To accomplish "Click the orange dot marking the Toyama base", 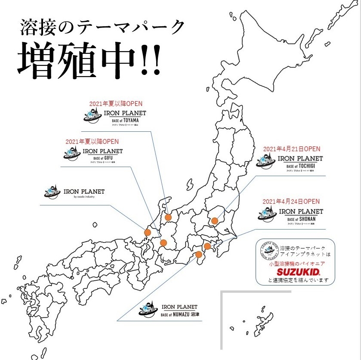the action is point(168,217).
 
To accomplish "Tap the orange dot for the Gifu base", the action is point(164,243).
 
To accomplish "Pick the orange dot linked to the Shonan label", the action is point(207,246).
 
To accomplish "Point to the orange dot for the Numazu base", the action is point(199,254).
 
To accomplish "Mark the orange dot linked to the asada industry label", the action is point(148,233).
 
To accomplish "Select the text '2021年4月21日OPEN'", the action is point(292,149).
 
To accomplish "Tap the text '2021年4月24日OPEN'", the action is point(291,201).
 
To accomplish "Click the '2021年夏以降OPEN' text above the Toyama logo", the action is point(116,104).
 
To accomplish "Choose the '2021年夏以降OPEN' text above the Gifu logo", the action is point(92,141).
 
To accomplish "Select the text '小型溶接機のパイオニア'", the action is point(296,263).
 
